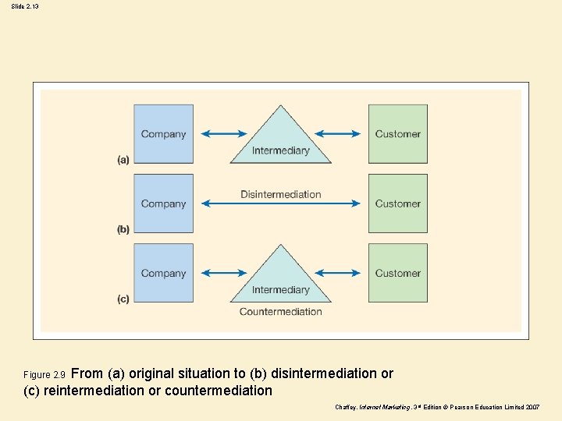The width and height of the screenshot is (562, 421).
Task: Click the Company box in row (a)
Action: [x=163, y=134]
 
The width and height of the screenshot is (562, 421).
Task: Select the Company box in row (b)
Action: [x=163, y=203]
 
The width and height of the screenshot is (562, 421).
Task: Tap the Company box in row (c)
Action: [x=163, y=273]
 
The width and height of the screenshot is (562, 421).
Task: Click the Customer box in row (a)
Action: [x=397, y=134]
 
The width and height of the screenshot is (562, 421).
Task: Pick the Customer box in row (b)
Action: [x=397, y=203]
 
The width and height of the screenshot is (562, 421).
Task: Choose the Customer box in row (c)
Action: [x=397, y=273]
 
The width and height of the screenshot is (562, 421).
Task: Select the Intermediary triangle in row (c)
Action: [x=280, y=281]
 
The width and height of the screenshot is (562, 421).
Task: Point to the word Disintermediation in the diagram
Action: [x=280, y=194]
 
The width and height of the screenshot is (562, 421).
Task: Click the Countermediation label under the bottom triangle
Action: [x=280, y=312]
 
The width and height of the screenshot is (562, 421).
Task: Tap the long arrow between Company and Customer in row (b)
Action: [x=281, y=204]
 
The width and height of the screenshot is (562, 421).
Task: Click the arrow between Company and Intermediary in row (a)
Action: [x=223, y=134]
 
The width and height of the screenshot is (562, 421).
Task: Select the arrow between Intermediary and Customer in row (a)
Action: [x=338, y=134]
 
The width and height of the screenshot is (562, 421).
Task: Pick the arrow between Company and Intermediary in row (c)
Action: [x=223, y=273]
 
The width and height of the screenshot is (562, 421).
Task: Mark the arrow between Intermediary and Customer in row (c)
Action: [x=338, y=273]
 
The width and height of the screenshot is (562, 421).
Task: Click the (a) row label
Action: [x=123, y=160]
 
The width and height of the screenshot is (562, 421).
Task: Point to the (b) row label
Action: [x=123, y=229]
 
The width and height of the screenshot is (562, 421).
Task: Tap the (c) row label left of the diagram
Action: [x=123, y=299]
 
